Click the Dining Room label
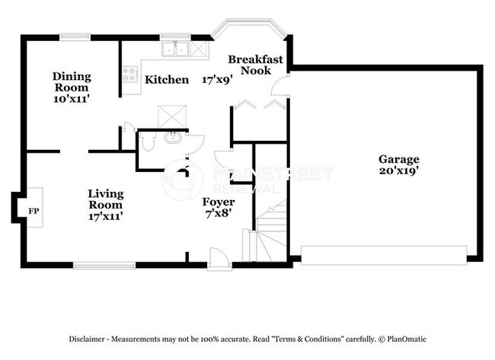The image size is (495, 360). click(x=72, y=81)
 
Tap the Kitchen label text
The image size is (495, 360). click(x=167, y=79)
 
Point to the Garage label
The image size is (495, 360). click(x=399, y=159)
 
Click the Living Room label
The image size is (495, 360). click(x=105, y=199)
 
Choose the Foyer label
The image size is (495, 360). click(x=218, y=202)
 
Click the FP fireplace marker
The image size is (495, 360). click(x=33, y=210)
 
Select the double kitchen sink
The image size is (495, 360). click(x=177, y=49)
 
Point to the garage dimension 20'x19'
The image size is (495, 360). click(x=399, y=170)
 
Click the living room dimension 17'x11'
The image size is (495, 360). click(x=105, y=216)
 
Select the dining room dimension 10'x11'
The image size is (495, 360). click(x=72, y=98)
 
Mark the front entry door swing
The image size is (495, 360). click(x=219, y=259)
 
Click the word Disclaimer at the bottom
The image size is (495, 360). click(x=90, y=338)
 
